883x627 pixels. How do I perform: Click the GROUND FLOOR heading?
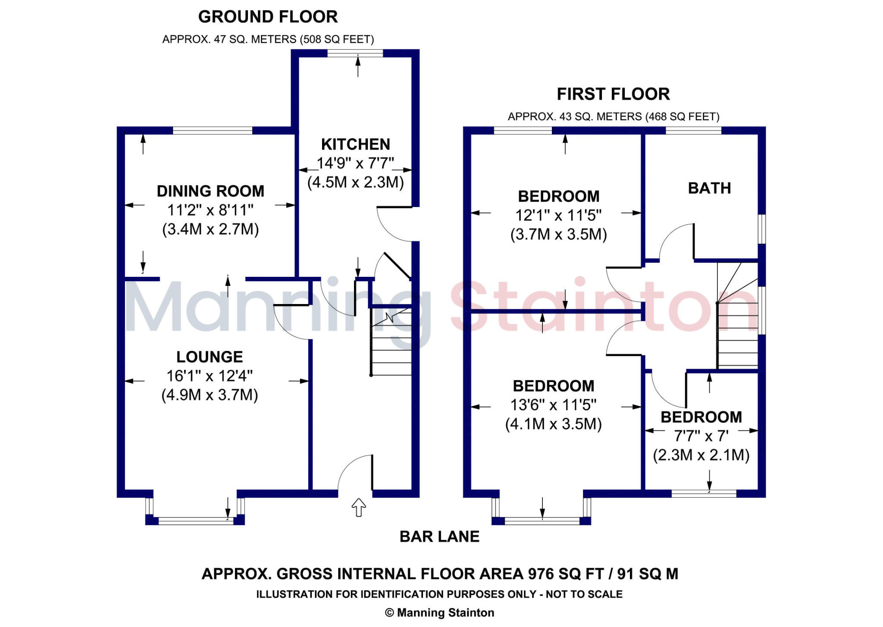tap(268, 17)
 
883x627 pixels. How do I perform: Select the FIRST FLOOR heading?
tap(613, 94)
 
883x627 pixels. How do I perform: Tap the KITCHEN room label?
tap(356, 144)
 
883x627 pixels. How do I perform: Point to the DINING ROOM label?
tap(210, 191)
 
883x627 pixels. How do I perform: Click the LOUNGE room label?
tap(210, 357)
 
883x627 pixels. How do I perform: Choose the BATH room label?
tap(709, 188)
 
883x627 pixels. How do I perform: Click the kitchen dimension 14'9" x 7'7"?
tap(356, 163)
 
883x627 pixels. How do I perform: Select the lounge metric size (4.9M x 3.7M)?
tap(210, 395)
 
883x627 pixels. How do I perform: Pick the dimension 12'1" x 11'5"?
tap(558, 215)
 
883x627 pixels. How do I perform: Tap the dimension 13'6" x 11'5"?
tap(553, 405)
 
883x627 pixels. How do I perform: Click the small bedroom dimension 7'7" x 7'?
tap(701, 436)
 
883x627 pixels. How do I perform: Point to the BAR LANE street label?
tap(439, 536)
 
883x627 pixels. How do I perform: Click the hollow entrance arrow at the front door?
tap(359, 508)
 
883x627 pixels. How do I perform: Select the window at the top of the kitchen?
tap(355, 53)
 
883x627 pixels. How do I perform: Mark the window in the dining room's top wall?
tap(212, 130)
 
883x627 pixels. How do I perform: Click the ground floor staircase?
tap(391, 343)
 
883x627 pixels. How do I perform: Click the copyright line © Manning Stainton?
tap(439, 613)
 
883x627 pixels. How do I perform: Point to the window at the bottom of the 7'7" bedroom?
tap(704, 494)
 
